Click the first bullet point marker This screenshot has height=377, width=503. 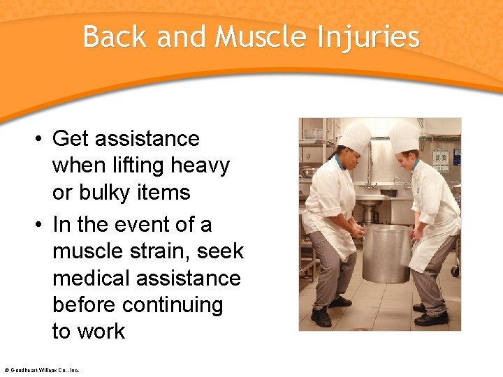(41, 139)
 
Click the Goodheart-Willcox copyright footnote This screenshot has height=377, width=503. (41, 370)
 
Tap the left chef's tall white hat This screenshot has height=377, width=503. (355, 138)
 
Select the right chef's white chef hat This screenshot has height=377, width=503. (404, 137)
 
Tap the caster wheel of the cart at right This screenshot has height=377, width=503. (456, 271)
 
